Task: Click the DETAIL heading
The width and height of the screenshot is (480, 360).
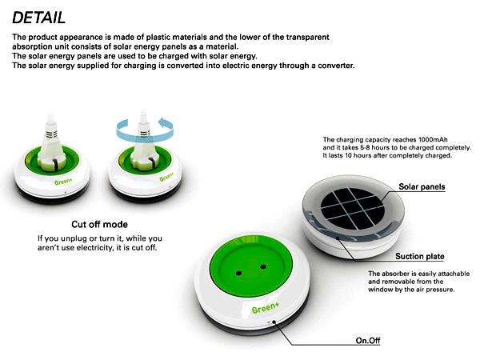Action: (39, 18)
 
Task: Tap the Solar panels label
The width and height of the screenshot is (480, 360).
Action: (422, 186)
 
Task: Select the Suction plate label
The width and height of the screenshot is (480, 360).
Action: (420, 256)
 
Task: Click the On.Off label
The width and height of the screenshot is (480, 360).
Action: (368, 341)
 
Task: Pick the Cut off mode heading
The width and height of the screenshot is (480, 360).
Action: (99, 224)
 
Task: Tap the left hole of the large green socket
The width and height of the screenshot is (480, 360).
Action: (238, 273)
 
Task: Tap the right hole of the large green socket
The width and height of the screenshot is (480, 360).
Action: (263, 267)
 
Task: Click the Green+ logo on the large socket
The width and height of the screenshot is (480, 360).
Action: (266, 308)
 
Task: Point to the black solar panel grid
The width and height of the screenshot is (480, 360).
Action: (352, 208)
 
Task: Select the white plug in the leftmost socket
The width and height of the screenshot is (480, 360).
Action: (51, 144)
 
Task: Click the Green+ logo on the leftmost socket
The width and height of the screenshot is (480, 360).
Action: (63, 182)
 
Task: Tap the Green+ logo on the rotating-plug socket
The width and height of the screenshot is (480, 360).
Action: (166, 177)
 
